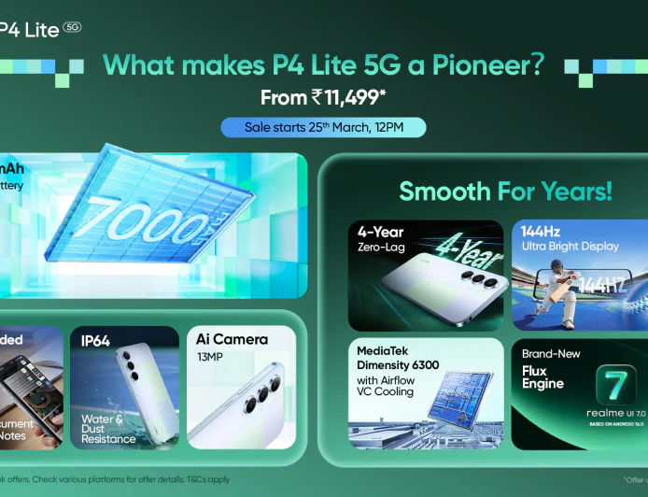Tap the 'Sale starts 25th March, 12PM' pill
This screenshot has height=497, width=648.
323,127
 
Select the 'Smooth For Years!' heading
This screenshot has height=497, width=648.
506,192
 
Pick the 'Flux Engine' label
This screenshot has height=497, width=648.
542,376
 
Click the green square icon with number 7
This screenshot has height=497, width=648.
615,384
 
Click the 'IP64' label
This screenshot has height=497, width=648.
95,341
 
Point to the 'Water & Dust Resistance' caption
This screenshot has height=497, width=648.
108,429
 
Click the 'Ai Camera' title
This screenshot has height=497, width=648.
232,339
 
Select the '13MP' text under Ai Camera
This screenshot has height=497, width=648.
210,356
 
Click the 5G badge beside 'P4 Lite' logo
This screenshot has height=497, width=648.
72,27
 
